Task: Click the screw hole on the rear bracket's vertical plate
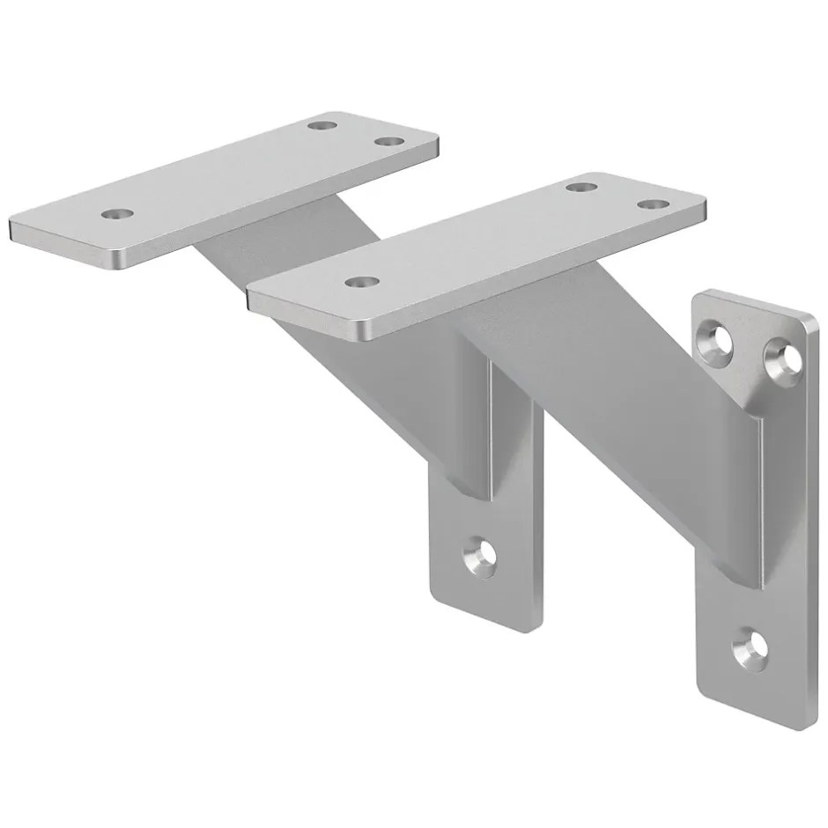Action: click(x=480, y=556)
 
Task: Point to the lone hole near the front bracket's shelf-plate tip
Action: click(x=360, y=282)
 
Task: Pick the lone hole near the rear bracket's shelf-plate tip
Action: click(x=117, y=213)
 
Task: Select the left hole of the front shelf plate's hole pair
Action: click(x=580, y=187)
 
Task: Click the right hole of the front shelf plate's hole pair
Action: click(x=652, y=204)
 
